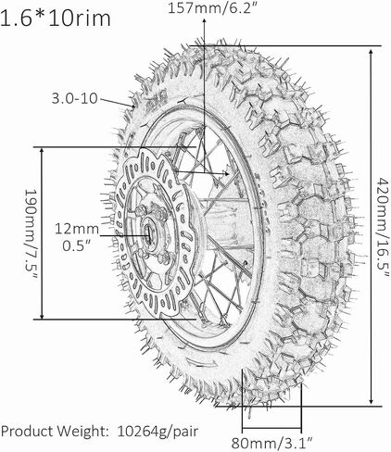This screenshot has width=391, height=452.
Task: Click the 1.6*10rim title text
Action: (56, 18)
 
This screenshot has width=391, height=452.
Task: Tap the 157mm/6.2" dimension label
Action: (212, 8)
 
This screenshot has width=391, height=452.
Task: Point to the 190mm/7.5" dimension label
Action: (32, 234)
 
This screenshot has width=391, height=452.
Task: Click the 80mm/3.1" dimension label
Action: (272, 444)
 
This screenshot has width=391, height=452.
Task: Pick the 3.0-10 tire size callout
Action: (74, 99)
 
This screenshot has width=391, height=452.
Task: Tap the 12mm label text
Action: (77, 229)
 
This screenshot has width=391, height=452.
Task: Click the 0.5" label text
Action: (77, 245)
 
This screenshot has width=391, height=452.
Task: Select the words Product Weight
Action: (55, 432)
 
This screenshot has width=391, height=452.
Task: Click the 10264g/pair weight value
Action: (158, 432)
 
